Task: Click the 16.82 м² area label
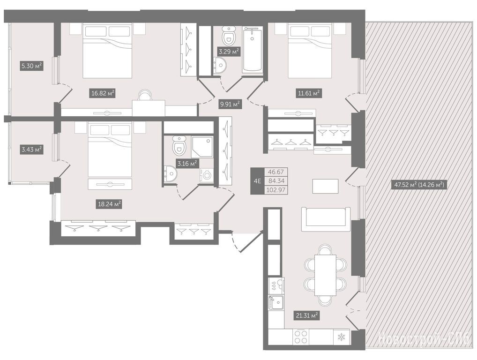click(x=103, y=93)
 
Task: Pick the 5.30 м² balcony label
click(x=32, y=66)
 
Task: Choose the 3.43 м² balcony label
click(x=32, y=150)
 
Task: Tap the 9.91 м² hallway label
click(x=230, y=105)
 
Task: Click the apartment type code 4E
click(x=257, y=181)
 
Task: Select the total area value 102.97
click(x=276, y=190)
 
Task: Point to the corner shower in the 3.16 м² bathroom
click(x=202, y=147)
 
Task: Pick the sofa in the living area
click(x=325, y=219)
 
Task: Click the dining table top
click(x=325, y=275)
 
